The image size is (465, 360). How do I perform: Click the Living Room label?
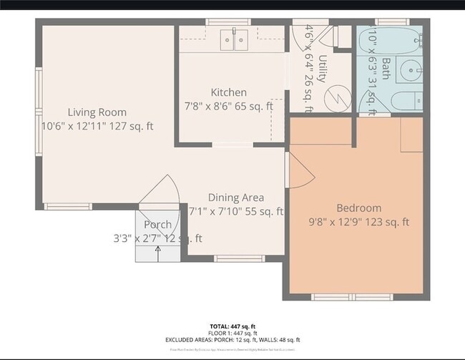[97, 112]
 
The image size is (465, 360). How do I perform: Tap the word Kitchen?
[229, 92]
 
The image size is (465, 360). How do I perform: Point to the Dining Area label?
[236, 198]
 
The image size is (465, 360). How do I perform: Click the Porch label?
[157, 225]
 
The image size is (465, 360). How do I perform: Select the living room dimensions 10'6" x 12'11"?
[97, 126]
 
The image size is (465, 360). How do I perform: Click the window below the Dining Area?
[240, 258]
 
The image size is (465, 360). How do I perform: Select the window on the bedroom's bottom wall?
[352, 296]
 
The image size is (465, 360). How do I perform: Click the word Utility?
[323, 68]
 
